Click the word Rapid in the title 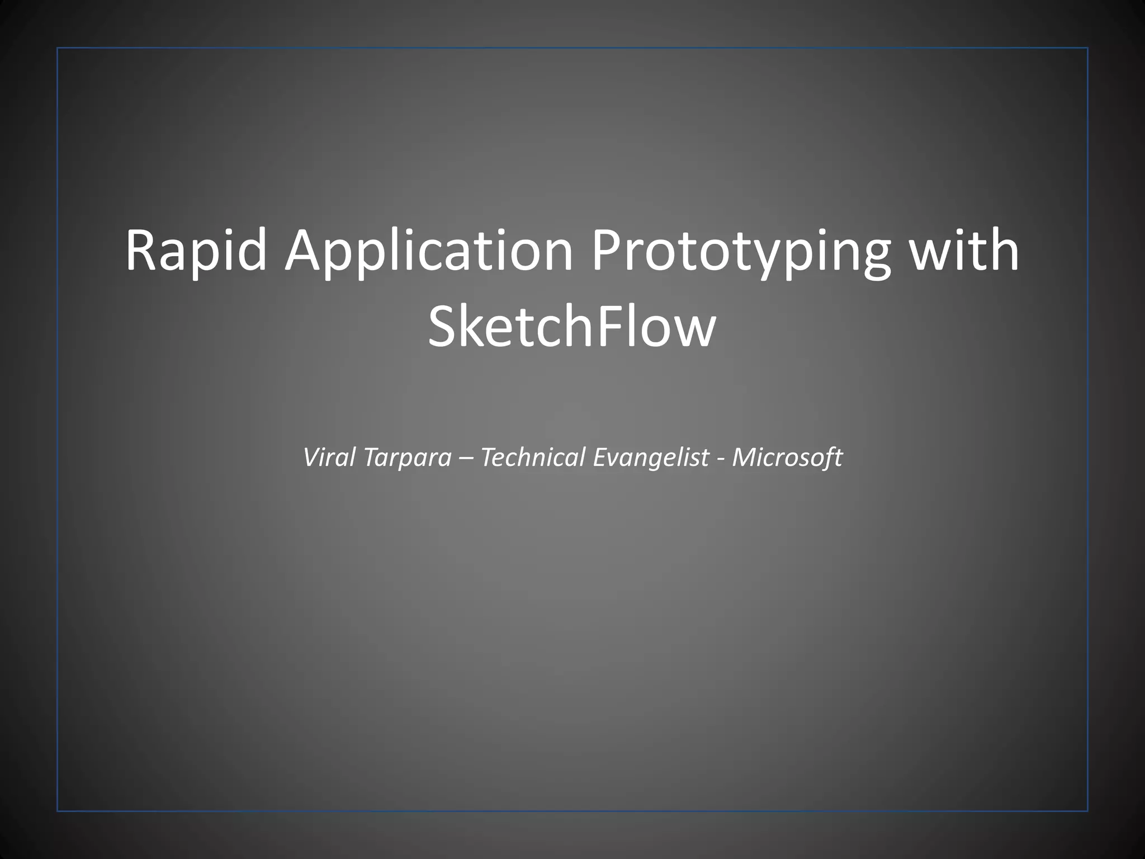tap(196, 252)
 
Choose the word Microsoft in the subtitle tap(787, 457)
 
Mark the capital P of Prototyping tap(605, 252)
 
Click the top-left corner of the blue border tap(58, 48)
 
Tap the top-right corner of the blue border tap(1087, 48)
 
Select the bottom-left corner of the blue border tap(58, 810)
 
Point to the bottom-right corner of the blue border tap(1087, 810)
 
